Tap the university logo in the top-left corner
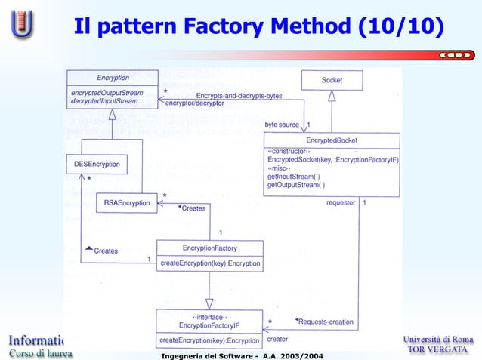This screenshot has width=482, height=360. point(23,24)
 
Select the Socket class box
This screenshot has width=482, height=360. point(332,80)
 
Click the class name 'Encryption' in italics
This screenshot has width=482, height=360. point(113,77)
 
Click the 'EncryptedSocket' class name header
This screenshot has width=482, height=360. point(332,140)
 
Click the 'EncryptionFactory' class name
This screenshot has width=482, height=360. point(209,248)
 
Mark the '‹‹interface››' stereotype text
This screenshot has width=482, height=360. point(209,317)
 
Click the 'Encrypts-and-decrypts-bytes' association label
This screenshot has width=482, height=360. point(239,96)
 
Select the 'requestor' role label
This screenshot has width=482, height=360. point(341,202)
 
